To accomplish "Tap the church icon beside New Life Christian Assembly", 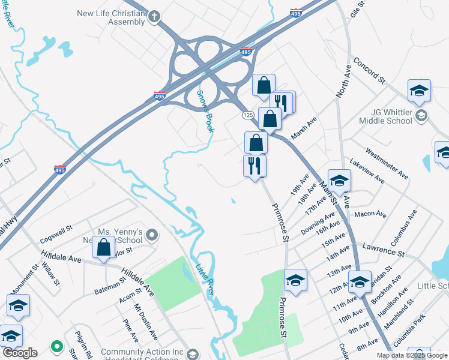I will (154, 17).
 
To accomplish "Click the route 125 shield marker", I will (248, 115).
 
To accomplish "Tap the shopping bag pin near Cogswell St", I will (104, 247).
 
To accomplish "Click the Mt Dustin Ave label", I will (145, 322).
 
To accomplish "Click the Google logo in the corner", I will (20, 353).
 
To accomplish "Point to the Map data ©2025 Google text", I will (412, 355).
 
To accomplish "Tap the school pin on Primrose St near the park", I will (295, 280).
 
